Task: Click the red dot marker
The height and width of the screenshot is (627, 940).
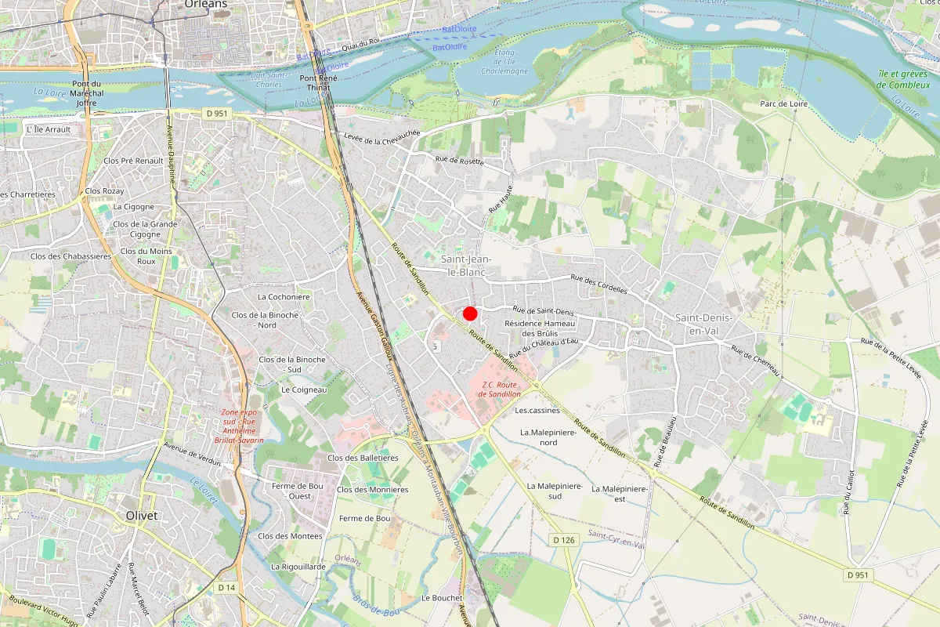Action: [x=470, y=313]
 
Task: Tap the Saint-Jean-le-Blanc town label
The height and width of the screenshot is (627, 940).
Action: [x=463, y=266]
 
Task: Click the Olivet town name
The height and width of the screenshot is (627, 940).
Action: [x=142, y=515]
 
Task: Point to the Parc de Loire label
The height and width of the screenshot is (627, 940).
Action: [x=783, y=104]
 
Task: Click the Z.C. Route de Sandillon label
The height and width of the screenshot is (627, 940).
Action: [x=498, y=389]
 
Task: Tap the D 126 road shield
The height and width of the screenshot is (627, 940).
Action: [x=563, y=540]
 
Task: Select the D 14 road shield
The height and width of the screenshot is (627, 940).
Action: [x=226, y=587]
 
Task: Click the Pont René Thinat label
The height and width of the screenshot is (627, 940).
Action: [x=318, y=83]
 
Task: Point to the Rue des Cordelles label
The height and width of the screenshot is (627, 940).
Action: [x=599, y=284]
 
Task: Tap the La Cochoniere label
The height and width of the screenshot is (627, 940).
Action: [x=284, y=297]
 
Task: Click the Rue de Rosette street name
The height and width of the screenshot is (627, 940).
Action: [x=460, y=161]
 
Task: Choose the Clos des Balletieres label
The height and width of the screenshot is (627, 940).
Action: [x=363, y=458]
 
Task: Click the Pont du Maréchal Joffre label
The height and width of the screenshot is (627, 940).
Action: [x=86, y=93]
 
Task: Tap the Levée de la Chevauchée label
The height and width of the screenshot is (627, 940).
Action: [x=382, y=137]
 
